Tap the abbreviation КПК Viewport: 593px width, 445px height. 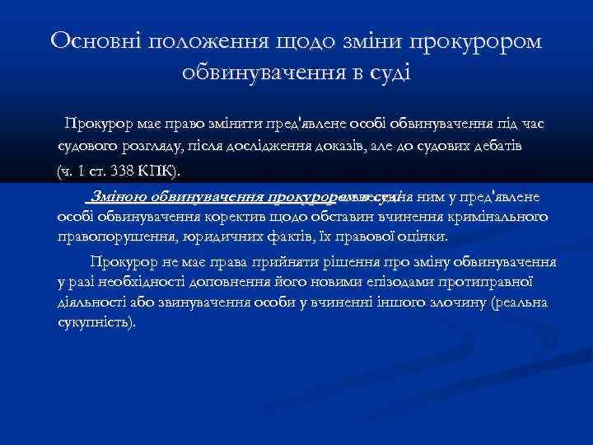pos(156,171)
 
